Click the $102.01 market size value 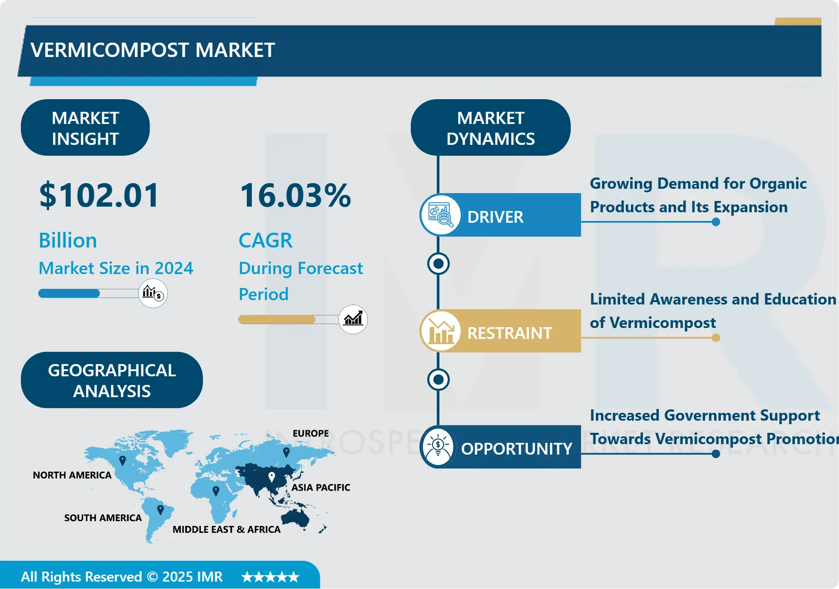(x=99, y=195)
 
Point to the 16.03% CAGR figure (x=296, y=195)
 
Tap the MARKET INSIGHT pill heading (x=85, y=128)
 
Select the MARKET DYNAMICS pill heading (x=490, y=128)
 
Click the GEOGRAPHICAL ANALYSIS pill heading (x=112, y=380)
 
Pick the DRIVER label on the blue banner (x=495, y=217)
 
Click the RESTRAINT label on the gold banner (x=509, y=333)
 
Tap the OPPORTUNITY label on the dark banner (x=516, y=448)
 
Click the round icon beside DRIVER (x=440, y=215)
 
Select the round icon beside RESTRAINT (x=440, y=331)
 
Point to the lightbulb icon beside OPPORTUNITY (x=438, y=447)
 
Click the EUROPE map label (x=311, y=433)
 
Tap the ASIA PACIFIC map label (x=321, y=487)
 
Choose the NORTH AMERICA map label (x=72, y=475)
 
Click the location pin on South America (x=160, y=509)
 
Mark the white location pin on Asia (x=272, y=477)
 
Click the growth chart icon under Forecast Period (x=353, y=319)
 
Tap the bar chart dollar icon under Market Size (x=153, y=293)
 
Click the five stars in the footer (x=270, y=577)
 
